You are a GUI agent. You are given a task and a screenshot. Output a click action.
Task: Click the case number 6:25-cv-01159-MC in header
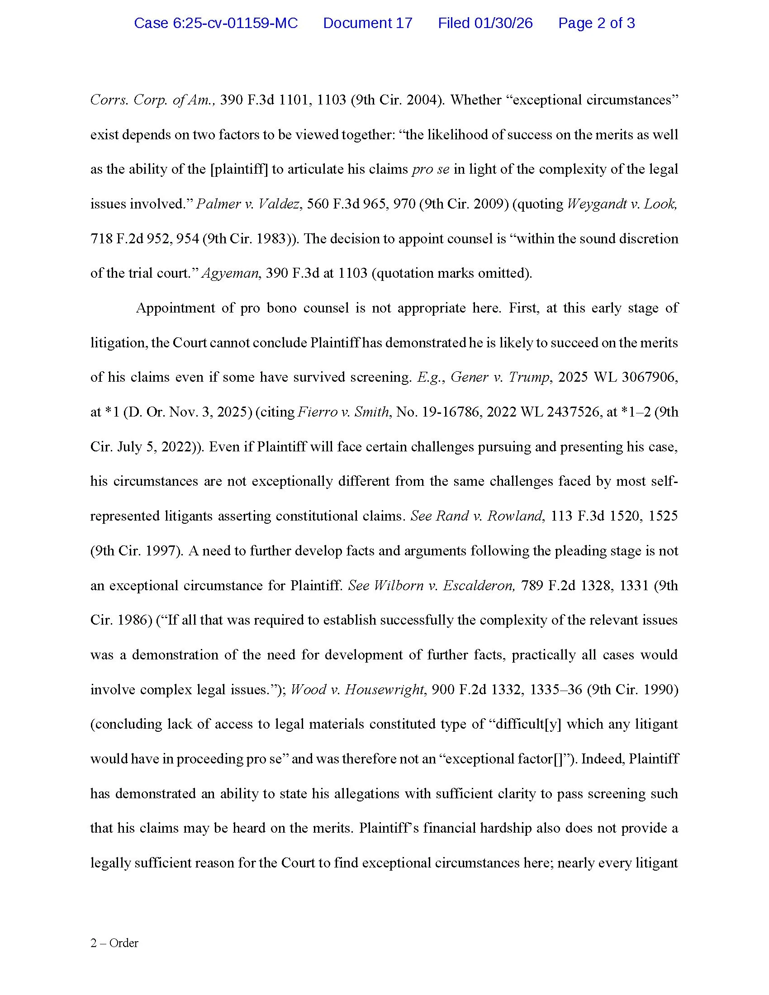[x=215, y=23]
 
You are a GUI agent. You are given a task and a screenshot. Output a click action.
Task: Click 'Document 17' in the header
[x=367, y=23]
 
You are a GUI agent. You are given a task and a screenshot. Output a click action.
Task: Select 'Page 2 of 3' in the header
[x=596, y=23]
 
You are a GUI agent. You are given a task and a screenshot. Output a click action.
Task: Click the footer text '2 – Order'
[x=114, y=943]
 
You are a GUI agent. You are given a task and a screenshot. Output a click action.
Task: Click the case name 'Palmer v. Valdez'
[x=248, y=204]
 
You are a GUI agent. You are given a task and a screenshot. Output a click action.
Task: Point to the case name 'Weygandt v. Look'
[x=622, y=204]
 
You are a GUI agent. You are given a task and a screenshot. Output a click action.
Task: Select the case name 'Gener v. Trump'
[x=500, y=377]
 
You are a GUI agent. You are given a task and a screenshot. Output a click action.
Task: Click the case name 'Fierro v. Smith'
[x=343, y=412]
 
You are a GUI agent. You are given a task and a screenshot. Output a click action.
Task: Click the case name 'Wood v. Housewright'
[x=358, y=689]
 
